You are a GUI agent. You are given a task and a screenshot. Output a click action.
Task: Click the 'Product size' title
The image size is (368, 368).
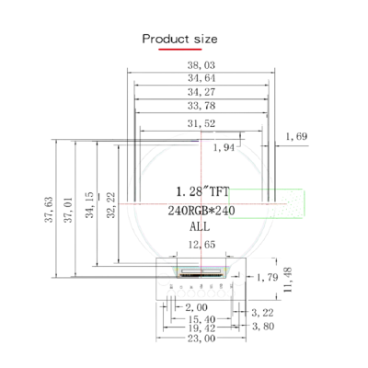tap(179, 39)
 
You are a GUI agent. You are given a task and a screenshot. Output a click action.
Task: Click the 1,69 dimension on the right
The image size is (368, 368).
tap(296, 137)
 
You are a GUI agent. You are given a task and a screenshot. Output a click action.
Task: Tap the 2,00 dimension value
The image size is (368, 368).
tap(195, 306)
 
